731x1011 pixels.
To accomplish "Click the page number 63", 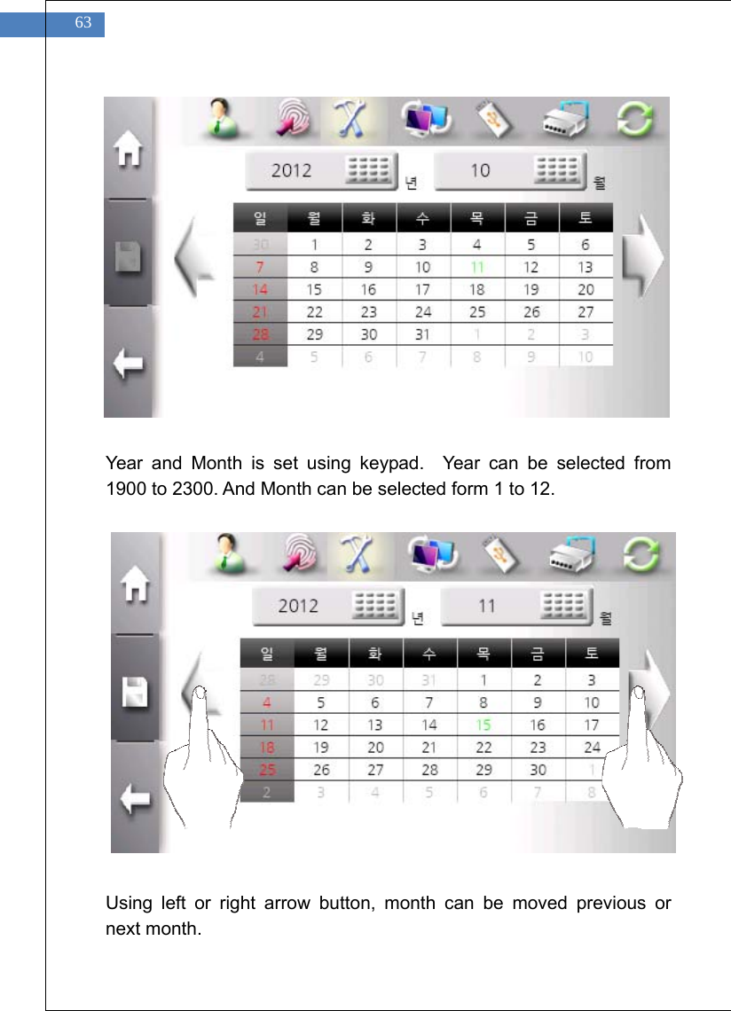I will (x=83, y=24).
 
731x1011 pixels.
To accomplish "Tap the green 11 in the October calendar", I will (x=477, y=267).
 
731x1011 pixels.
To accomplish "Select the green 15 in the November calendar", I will (x=483, y=725).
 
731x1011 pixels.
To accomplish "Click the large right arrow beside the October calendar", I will (x=642, y=258).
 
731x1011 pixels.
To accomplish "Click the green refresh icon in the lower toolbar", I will (x=641, y=555).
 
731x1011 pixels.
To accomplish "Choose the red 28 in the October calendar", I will (x=260, y=334).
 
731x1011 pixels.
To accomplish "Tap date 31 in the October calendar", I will (x=423, y=334).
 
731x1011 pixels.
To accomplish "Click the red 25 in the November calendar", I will (x=267, y=770).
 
